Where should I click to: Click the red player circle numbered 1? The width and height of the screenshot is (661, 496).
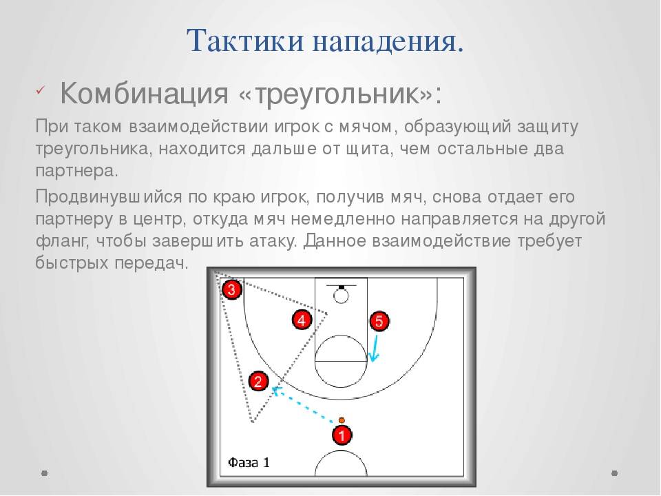[342, 435]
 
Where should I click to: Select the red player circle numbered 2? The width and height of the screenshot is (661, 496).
[258, 381]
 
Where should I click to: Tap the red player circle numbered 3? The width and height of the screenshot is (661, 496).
[231, 289]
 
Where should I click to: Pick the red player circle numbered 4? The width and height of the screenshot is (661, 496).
[302, 320]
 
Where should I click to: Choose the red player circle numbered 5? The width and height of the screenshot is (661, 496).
[379, 321]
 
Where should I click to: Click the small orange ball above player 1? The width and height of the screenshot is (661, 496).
[342, 420]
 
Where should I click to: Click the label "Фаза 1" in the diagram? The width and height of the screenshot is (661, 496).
[249, 463]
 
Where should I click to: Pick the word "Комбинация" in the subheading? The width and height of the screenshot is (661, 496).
[144, 92]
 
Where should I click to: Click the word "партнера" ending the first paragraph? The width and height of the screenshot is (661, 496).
[76, 171]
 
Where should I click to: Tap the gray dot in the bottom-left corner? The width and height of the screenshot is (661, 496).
[45, 473]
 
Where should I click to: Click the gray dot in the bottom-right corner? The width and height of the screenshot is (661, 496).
[615, 473]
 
